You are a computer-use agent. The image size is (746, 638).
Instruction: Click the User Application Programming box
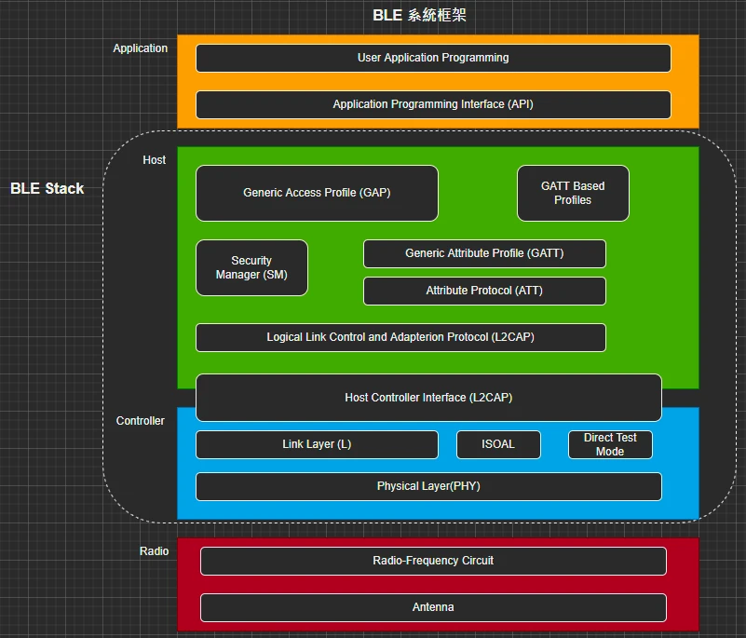pyautogui.click(x=433, y=58)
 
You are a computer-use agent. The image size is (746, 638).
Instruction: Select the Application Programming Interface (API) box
pyautogui.click(x=433, y=104)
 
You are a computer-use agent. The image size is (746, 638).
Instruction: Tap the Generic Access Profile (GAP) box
pyautogui.click(x=317, y=193)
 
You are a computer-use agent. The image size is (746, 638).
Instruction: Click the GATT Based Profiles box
pyautogui.click(x=573, y=193)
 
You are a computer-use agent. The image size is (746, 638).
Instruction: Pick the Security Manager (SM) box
pyautogui.click(x=251, y=267)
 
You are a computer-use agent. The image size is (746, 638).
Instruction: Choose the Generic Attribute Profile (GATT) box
pyautogui.click(x=484, y=253)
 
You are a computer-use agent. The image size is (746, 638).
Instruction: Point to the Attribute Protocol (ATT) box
pyautogui.click(x=484, y=291)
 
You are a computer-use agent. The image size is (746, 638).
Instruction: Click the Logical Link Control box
pyautogui.click(x=400, y=337)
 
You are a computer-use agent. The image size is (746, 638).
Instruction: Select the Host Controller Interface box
pyautogui.click(x=428, y=398)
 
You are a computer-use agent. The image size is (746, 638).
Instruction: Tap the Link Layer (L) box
pyautogui.click(x=317, y=444)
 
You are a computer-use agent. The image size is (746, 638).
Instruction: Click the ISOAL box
pyautogui.click(x=498, y=444)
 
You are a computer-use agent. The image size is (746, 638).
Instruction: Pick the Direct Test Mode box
pyautogui.click(x=610, y=444)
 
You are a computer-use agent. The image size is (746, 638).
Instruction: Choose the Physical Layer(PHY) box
pyautogui.click(x=428, y=486)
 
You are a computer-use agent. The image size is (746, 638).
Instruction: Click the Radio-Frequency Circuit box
pyautogui.click(x=433, y=561)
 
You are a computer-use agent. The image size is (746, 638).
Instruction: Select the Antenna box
pyautogui.click(x=433, y=607)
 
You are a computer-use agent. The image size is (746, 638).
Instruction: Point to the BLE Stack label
pyautogui.click(x=47, y=188)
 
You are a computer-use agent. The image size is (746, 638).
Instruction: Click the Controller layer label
pyautogui.click(x=141, y=421)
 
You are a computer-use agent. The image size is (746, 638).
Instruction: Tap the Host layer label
pyautogui.click(x=155, y=160)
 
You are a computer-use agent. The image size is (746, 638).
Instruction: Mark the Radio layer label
pyautogui.click(x=155, y=551)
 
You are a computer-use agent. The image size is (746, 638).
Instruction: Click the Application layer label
pyautogui.click(x=141, y=48)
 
